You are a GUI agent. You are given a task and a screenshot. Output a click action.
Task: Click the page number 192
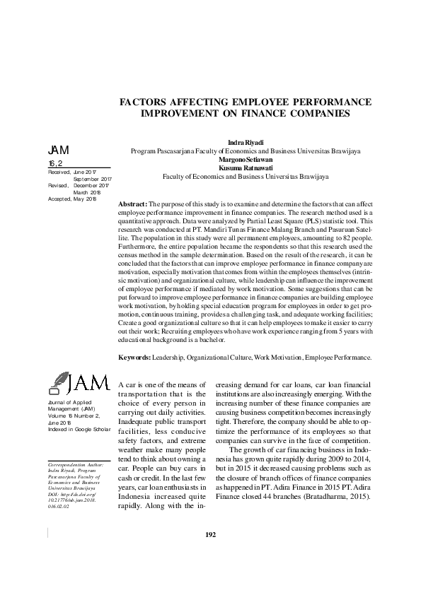tap(210, 553)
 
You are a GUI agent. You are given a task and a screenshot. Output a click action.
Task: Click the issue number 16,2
tap(55, 163)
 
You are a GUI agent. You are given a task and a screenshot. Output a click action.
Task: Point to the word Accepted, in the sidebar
tap(59, 199)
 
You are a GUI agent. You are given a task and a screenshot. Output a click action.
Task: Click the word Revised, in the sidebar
tap(57, 185)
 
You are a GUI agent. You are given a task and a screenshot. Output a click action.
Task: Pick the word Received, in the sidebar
tap(59, 172)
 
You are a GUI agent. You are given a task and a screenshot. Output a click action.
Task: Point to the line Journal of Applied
tap(68, 402)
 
